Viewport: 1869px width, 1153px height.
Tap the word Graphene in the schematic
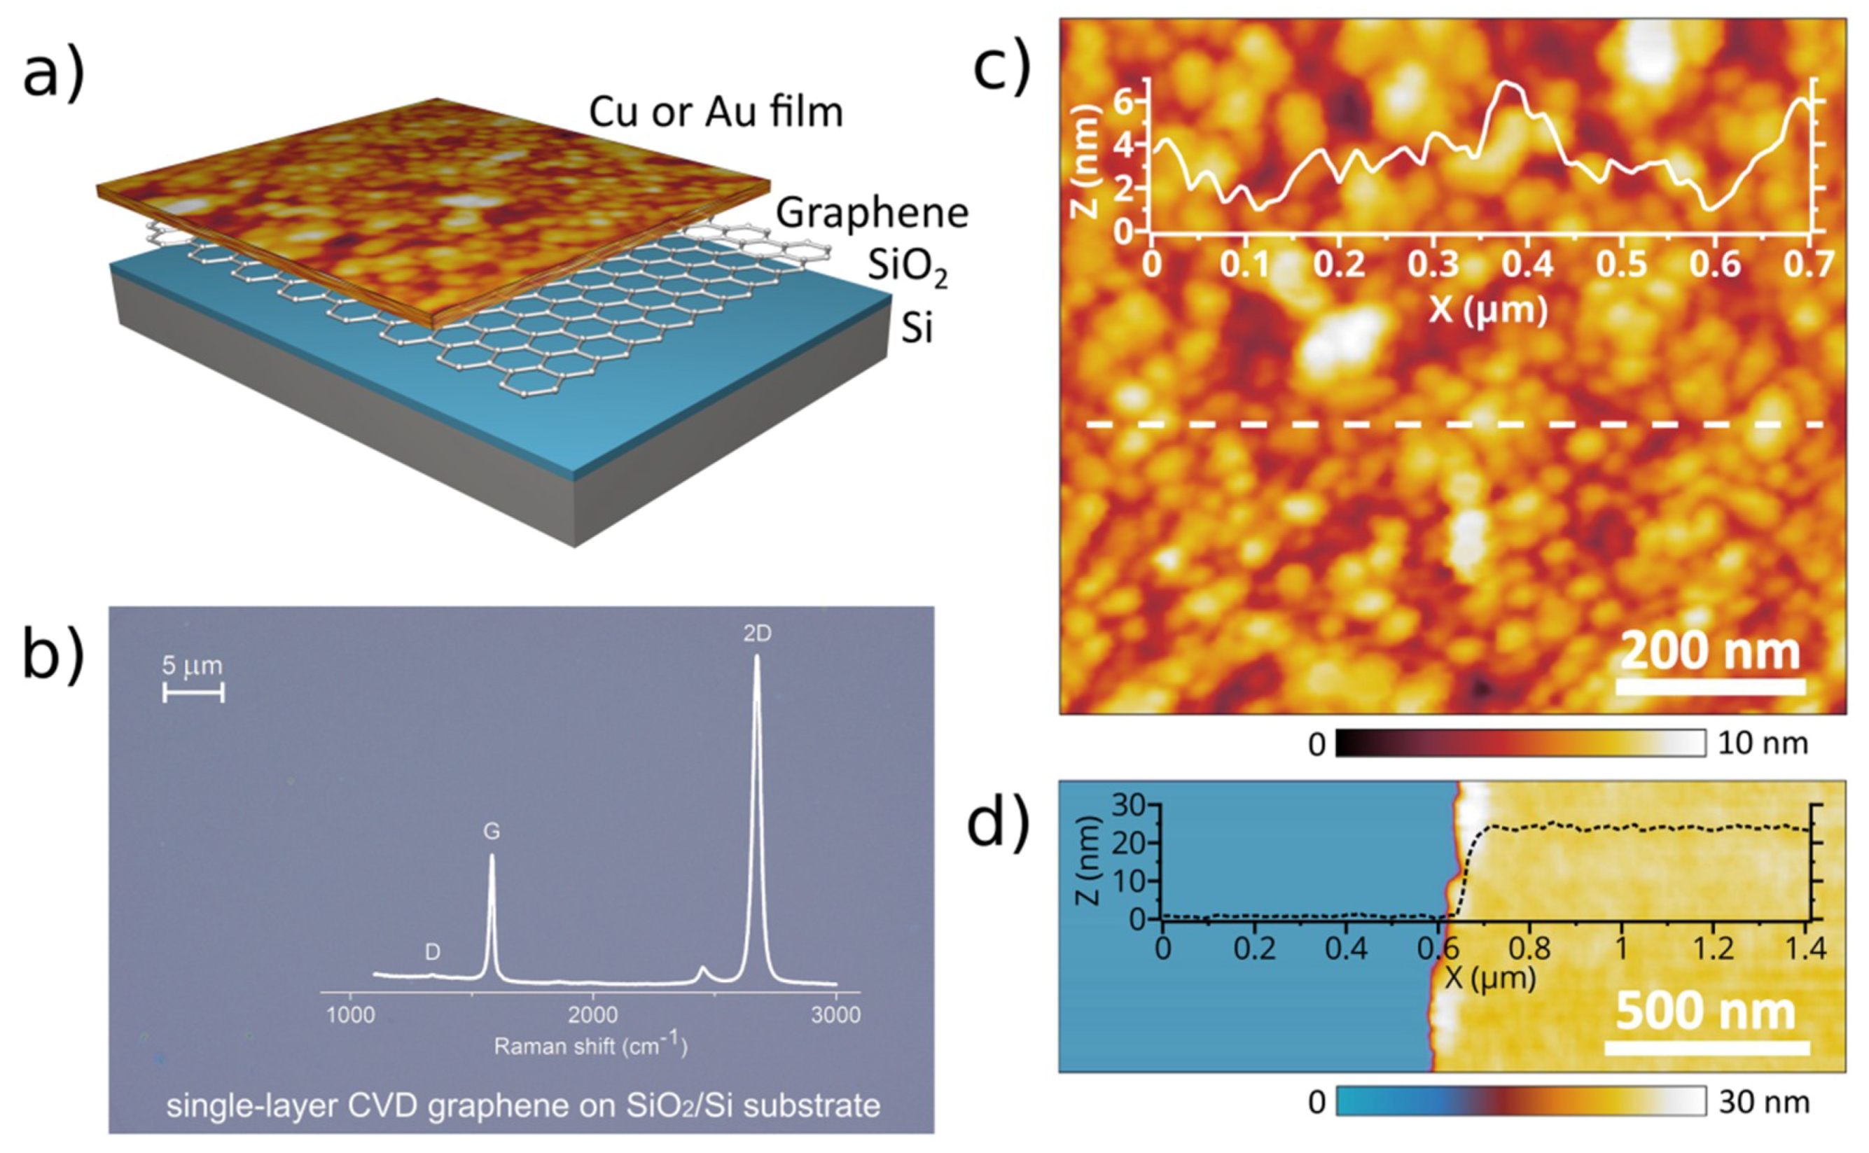click(x=872, y=212)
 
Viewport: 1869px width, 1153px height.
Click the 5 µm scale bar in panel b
click(x=194, y=692)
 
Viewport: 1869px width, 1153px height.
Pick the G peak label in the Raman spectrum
click(x=492, y=831)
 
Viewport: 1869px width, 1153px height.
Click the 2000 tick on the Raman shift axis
click(x=592, y=1015)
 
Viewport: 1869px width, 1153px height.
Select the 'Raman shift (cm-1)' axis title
click(x=590, y=1045)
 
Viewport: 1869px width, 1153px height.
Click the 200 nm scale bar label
click(x=1709, y=652)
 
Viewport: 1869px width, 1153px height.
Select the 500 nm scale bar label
click(x=1705, y=1012)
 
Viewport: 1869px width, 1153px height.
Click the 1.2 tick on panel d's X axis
click(x=1713, y=949)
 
